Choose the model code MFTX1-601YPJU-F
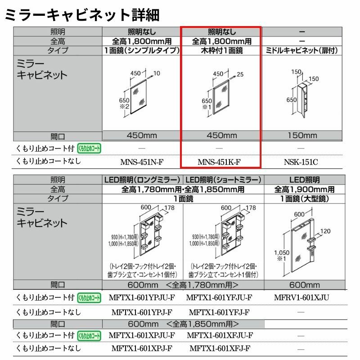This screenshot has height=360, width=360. (142, 297)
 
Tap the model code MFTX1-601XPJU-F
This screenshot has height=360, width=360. (142, 335)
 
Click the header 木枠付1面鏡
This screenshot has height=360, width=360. (221, 51)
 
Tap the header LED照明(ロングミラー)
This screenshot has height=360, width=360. (143, 179)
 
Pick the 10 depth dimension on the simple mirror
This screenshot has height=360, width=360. (157, 73)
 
